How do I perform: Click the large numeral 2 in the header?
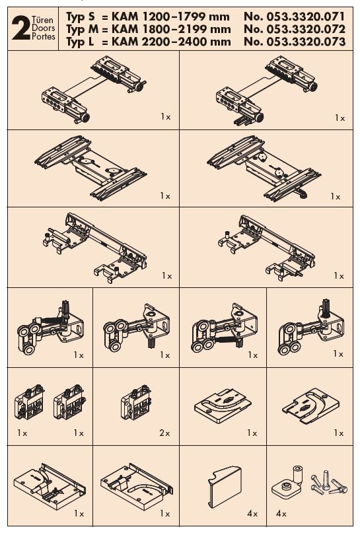pos(20,29)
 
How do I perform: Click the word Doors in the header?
pos(43,28)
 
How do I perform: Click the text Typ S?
pos(81,17)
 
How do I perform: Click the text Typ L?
pos(80,42)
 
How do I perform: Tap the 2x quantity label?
pos(164,433)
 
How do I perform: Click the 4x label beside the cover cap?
pos(252,513)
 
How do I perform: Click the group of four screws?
pos(328,483)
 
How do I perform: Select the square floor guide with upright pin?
pos(287,481)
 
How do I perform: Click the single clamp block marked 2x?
pos(136,402)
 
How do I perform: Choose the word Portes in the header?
pos(44,36)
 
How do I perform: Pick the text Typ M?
pos(82,30)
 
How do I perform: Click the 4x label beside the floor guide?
pos(281,513)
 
